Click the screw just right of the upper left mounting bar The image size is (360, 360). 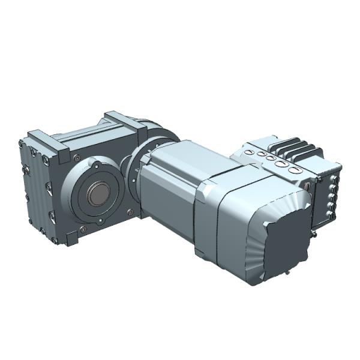click(x=76, y=157)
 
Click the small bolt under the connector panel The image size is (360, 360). click(x=314, y=235)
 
